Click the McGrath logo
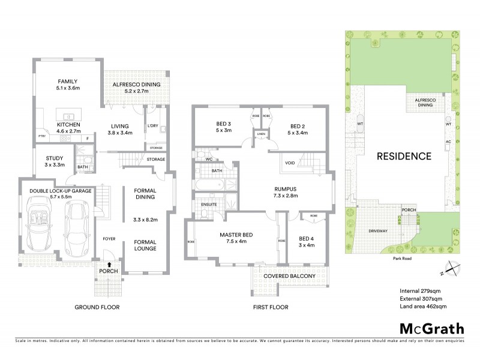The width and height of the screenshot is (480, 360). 431,328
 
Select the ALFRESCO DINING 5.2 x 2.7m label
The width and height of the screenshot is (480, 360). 137,88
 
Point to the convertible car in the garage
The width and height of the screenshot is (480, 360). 40,224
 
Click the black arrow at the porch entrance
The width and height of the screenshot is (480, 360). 109,263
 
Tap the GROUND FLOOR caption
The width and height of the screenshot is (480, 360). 97,307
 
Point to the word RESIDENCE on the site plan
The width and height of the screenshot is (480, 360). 403,157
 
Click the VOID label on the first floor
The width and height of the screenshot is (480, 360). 290,163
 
